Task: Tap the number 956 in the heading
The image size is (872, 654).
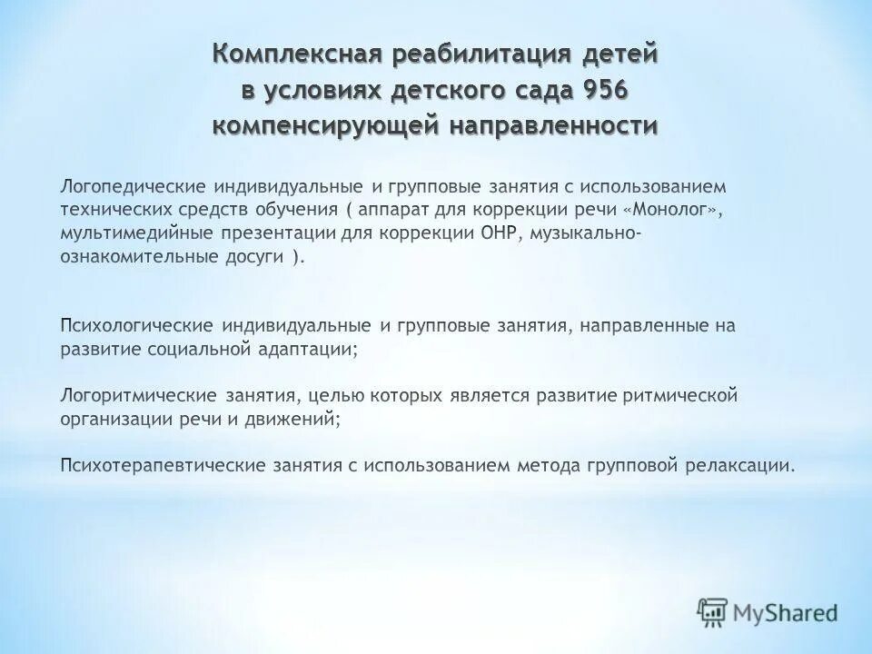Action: click(x=599, y=91)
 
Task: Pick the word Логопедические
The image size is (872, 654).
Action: click(x=133, y=186)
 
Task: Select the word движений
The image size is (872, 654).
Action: click(x=296, y=420)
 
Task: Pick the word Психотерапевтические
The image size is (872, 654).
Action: click(x=160, y=467)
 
